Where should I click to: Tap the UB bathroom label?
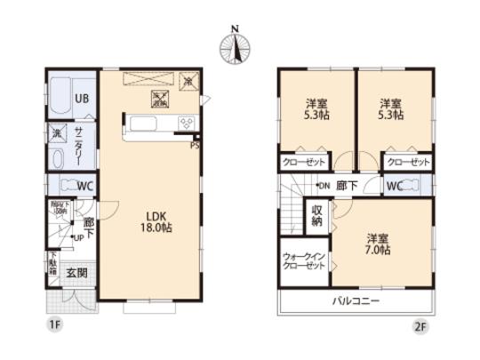coord(81,99)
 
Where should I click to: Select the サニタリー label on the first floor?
coord(79,142)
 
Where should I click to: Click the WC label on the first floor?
coord(85,186)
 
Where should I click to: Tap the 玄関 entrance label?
coord(76,274)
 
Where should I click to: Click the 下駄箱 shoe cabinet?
coord(52,266)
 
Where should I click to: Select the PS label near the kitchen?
coord(194,147)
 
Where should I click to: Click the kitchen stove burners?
coord(187,124)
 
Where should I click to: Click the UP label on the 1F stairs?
coord(78,237)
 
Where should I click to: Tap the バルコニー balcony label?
coord(357,302)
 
